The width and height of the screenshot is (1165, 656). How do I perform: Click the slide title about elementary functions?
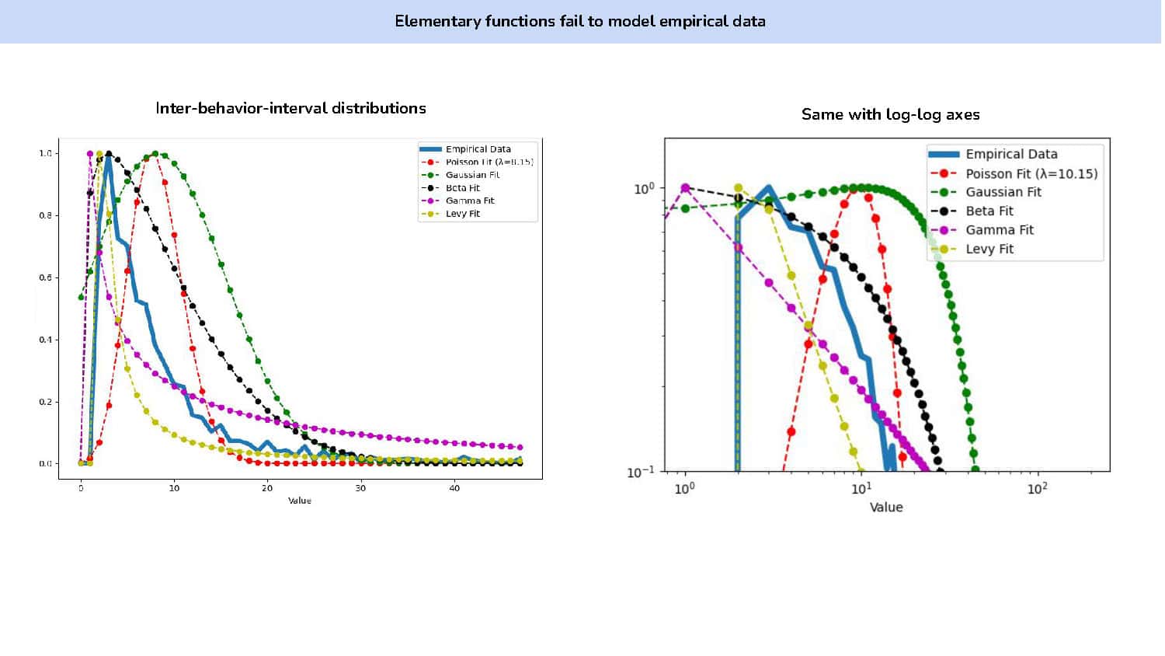(x=579, y=21)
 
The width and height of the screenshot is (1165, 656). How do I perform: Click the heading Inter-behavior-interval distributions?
(x=290, y=108)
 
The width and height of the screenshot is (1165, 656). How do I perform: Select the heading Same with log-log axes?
(x=890, y=114)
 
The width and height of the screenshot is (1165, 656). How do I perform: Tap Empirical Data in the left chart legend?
(x=478, y=149)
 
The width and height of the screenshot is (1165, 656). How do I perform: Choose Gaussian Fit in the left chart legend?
(x=472, y=175)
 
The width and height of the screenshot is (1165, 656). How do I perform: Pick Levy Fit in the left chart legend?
(x=462, y=214)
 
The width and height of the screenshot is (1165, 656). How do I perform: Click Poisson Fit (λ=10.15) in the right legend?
(x=1031, y=173)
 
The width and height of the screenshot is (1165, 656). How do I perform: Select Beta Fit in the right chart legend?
(x=989, y=211)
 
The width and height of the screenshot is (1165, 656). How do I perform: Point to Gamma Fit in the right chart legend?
(x=999, y=230)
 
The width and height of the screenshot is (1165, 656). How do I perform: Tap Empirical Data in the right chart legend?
(x=1010, y=154)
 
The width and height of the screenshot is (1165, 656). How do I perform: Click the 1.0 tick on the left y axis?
(x=46, y=153)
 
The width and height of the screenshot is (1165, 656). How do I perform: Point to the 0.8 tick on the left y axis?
(x=46, y=215)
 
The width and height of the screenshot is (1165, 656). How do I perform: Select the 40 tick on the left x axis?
(x=454, y=488)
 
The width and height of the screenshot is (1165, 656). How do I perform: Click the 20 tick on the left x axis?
(x=267, y=488)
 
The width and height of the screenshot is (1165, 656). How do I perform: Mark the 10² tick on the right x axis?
(x=1037, y=488)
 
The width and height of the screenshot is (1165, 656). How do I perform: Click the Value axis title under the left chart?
(x=300, y=501)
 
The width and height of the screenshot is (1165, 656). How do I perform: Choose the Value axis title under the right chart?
(x=886, y=507)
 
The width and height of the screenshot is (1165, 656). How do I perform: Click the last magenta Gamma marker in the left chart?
(x=520, y=447)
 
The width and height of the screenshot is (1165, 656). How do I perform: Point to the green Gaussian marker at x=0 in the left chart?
(x=81, y=297)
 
